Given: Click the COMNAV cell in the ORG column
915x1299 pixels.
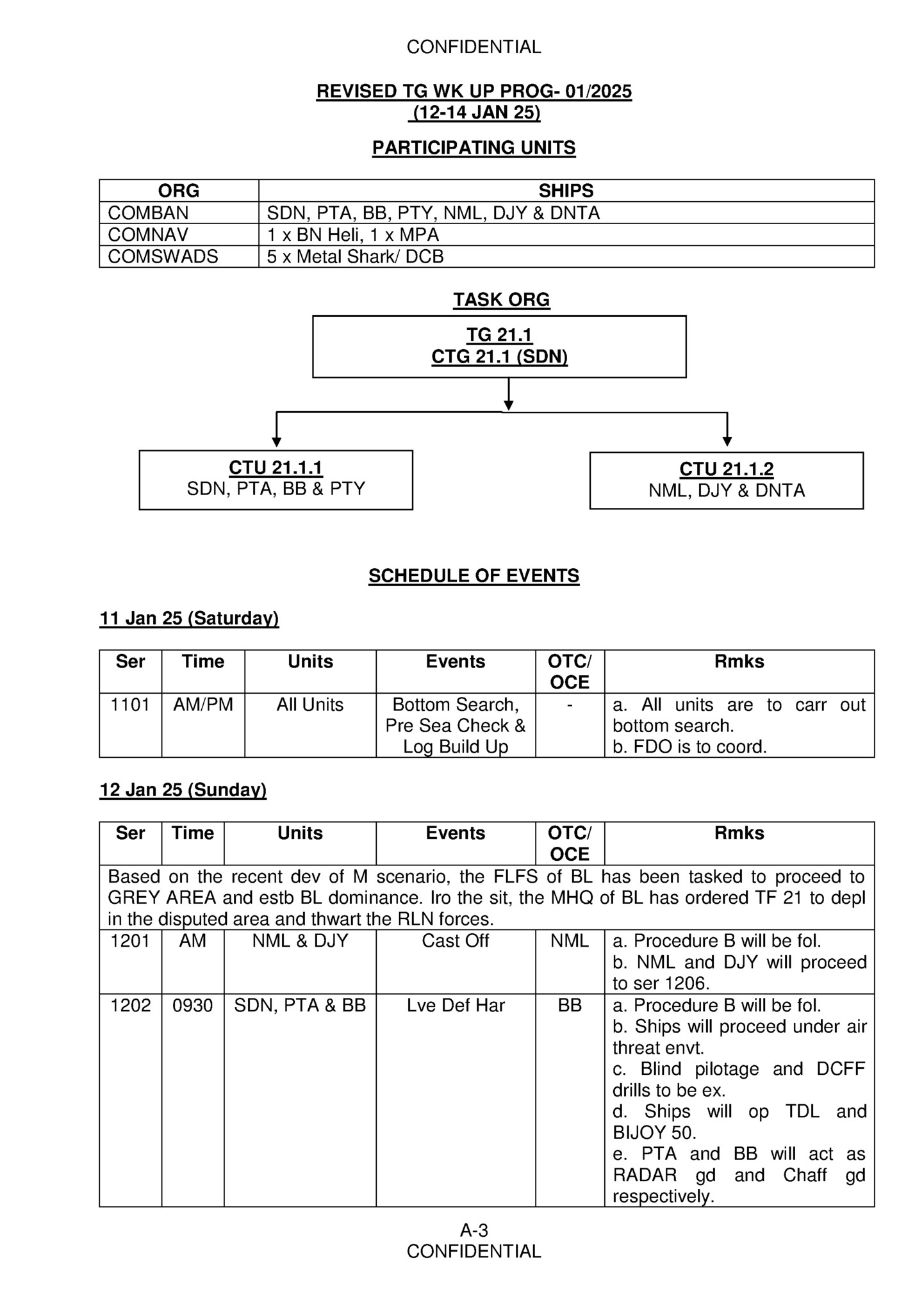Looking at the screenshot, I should tap(148, 234).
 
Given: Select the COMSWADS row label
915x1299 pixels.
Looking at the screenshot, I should tap(163, 256).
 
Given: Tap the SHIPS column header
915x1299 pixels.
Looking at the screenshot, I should tap(566, 190).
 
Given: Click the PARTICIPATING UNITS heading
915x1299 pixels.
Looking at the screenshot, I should tap(474, 148).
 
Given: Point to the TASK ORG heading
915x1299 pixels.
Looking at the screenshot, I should tap(501, 300).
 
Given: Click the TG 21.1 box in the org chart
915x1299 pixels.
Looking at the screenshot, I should tap(499, 346).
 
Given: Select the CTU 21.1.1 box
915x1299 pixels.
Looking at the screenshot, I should tap(276, 479).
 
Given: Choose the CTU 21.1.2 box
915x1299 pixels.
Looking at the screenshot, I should tap(726, 480).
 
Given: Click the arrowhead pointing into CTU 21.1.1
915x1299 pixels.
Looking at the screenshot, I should tap(277, 442).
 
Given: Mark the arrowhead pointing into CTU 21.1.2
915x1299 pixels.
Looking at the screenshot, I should tap(727, 442).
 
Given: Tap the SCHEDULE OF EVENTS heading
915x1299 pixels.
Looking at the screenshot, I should tap(474, 576).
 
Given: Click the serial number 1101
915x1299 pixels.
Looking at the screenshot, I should tap(130, 705).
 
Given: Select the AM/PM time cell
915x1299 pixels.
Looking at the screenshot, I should tap(203, 705).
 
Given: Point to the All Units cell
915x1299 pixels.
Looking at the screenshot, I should tap(310, 705).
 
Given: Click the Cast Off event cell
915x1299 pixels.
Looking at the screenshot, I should tap(455, 940).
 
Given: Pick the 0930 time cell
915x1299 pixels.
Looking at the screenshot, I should tap(192, 1005).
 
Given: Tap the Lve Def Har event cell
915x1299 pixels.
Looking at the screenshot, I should tap(455, 1005).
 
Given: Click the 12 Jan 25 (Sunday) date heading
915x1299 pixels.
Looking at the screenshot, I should tap(183, 790).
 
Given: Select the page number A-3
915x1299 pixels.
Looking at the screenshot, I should tap(474, 1230).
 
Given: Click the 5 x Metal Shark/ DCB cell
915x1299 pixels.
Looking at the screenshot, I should tap(355, 256).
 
